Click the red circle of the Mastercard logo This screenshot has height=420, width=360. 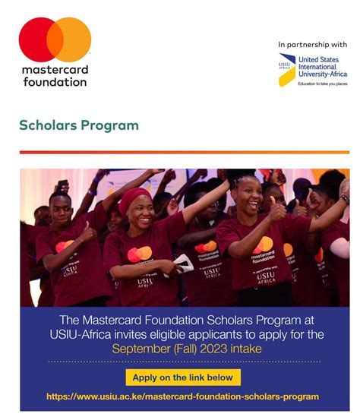(x=38, y=39)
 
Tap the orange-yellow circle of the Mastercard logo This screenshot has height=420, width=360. (x=73, y=39)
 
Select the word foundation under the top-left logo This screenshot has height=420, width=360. (x=55, y=81)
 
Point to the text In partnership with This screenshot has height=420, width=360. (x=313, y=45)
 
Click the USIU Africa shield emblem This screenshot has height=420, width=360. (x=286, y=70)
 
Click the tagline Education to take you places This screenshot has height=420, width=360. (x=322, y=84)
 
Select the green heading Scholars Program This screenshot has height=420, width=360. (x=79, y=125)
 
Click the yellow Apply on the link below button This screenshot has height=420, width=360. (x=183, y=377)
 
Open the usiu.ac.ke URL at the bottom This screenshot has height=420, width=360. (x=182, y=396)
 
